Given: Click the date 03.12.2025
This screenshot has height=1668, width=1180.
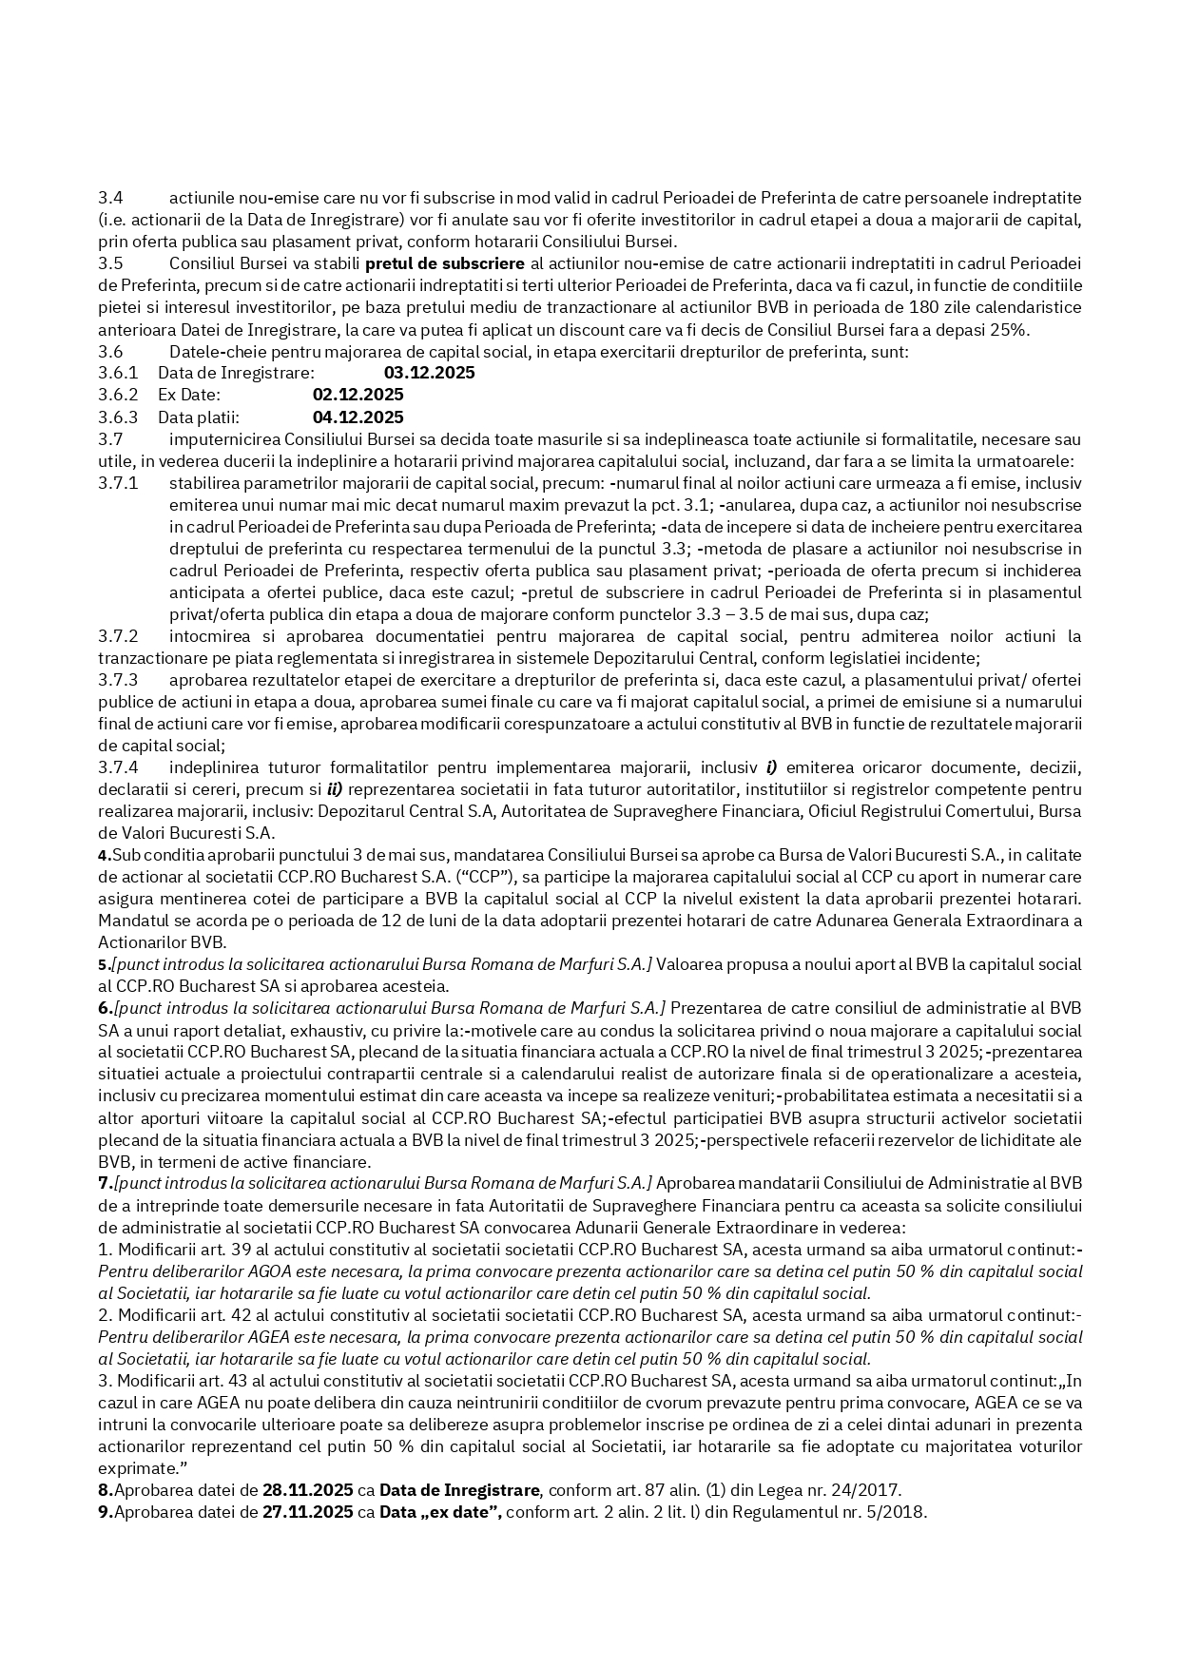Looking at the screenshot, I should pos(429,373).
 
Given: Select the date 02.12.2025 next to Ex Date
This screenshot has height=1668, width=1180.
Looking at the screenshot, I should pos(358,395).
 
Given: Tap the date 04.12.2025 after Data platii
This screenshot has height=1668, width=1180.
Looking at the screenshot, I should pos(358,417).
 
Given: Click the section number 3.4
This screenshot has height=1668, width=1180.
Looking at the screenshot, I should pos(110,198).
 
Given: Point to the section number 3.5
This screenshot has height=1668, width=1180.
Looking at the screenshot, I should pos(110,263).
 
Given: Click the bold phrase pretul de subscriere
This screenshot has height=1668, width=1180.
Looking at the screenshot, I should pos(444,263).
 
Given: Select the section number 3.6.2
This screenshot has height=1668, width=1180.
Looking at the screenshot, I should pos(118,395).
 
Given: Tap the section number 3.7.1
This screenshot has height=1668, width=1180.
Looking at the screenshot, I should pos(118,483).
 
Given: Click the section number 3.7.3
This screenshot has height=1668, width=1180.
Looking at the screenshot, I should pos(118,680).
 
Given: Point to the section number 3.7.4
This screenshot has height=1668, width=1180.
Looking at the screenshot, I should pos(118,767).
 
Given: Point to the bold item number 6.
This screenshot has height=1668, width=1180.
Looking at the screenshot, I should pos(105,1008).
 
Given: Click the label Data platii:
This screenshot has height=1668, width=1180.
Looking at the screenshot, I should pos(199,417).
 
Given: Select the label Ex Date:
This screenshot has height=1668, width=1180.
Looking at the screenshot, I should pos(189,395).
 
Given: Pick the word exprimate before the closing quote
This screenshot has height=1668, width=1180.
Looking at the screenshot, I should pos(133,1468).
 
